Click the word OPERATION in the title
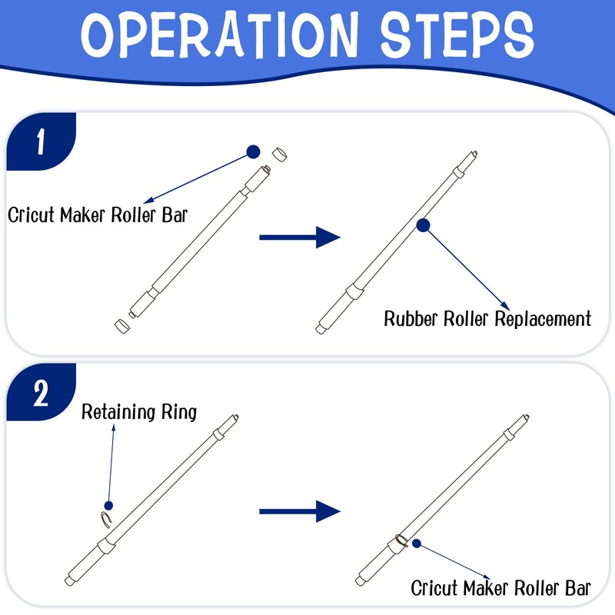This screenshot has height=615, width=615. [x=205, y=35]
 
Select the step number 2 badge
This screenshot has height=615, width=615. [x=40, y=394]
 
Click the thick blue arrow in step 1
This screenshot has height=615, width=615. [x=299, y=238]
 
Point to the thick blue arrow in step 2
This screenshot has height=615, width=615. [x=299, y=510]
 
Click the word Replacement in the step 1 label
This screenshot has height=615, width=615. [x=542, y=318]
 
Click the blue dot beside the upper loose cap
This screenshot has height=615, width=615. [x=254, y=151]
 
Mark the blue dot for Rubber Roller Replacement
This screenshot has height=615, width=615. [x=422, y=224]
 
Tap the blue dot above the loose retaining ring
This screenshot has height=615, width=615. [x=108, y=506]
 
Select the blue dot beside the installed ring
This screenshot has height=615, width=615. [x=416, y=544]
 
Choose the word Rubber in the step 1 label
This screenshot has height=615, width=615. [x=411, y=318]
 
